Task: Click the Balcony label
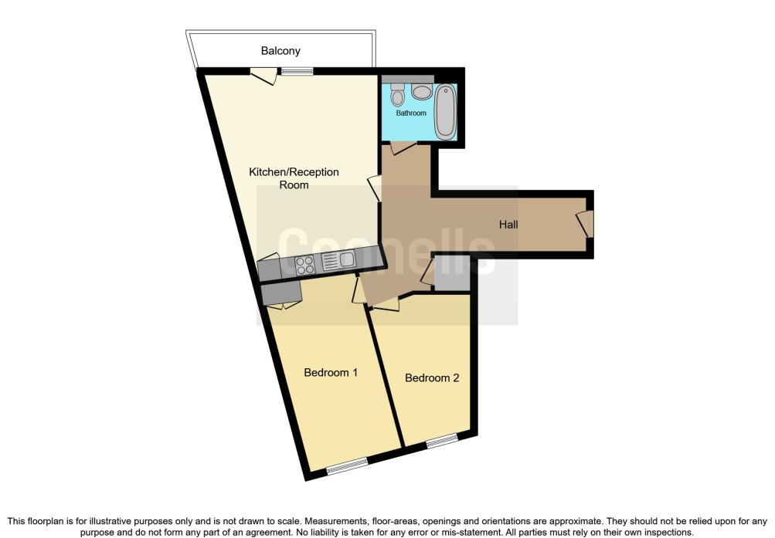[280, 51]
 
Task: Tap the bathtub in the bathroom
[445, 112]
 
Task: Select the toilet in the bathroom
[397, 95]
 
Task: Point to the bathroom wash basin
[422, 92]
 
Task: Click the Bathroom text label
[411, 113]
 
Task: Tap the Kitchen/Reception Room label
[294, 178]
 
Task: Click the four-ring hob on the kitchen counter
[305, 265]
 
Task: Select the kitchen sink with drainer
[338, 260]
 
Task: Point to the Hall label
[508, 225]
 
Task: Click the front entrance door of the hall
[585, 224]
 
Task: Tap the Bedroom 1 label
[331, 372]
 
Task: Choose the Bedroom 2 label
[432, 377]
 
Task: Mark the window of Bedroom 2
[442, 440]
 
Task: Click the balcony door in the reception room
[263, 75]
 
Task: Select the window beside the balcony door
[297, 72]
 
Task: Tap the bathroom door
[403, 147]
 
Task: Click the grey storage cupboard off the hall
[452, 273]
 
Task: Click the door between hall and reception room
[376, 188]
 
